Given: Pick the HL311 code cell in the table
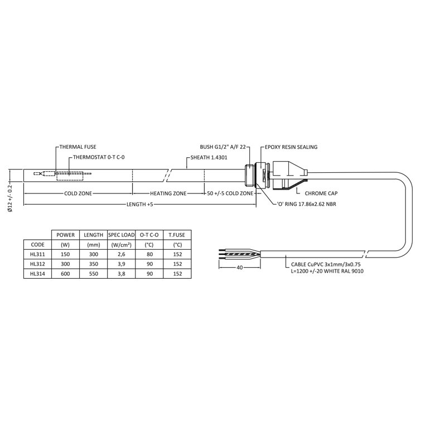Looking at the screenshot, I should [x=37, y=254].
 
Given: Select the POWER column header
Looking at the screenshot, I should [x=66, y=234].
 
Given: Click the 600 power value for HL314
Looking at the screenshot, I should [x=66, y=274].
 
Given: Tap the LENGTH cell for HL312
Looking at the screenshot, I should [x=93, y=264].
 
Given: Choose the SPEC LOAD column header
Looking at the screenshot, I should [x=122, y=234].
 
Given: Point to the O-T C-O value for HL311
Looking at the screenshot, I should [x=149, y=254].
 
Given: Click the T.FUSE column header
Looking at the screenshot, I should [x=177, y=234].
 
